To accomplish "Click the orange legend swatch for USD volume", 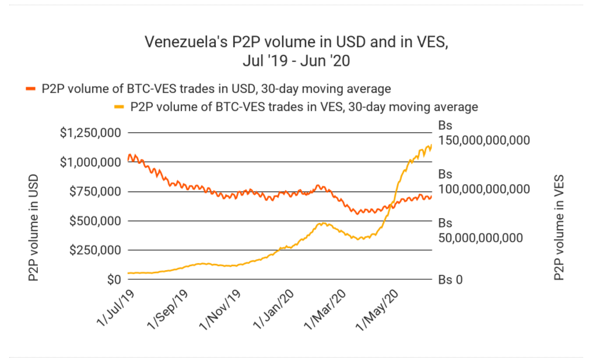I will click(31, 89).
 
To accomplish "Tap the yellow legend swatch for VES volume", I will click(120, 107).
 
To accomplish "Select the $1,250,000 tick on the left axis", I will click(90, 132).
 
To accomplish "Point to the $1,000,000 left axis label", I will click(90, 162).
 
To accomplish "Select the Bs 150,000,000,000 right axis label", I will click(483, 133).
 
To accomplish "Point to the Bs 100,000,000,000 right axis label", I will click(483, 182).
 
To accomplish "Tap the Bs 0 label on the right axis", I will click(450, 279).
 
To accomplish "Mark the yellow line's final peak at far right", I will click(431, 145).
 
